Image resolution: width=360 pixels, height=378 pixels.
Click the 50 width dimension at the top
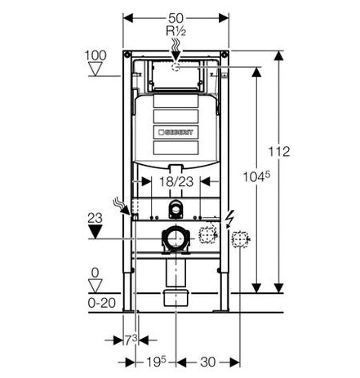click(176, 18)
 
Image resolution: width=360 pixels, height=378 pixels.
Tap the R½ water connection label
click(176, 31)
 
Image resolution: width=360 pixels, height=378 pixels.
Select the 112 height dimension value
click(279, 152)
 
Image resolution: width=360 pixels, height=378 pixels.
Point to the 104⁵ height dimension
click(256, 177)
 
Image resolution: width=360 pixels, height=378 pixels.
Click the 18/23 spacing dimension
click(176, 181)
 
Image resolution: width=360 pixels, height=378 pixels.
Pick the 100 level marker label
click(96, 56)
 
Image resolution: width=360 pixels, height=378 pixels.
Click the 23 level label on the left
click(95, 218)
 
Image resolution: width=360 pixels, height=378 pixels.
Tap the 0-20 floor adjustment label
click(102, 303)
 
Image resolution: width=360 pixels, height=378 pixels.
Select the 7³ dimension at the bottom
click(131, 340)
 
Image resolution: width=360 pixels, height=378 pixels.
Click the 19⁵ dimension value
click(156, 362)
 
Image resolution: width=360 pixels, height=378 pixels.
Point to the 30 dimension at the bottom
click(207, 362)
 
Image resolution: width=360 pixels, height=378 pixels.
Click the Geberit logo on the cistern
click(176, 132)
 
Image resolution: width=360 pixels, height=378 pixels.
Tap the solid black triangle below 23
click(95, 232)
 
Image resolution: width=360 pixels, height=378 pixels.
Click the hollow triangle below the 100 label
click(96, 69)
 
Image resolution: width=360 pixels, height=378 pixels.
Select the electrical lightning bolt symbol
click(230, 219)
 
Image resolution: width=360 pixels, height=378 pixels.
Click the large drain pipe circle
click(176, 238)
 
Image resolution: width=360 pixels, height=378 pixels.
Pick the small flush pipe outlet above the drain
click(176, 209)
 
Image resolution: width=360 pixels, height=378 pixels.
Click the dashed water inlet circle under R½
click(176, 67)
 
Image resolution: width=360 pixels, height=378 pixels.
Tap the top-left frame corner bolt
click(127, 55)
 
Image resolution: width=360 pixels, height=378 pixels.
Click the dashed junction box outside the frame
click(240, 239)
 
